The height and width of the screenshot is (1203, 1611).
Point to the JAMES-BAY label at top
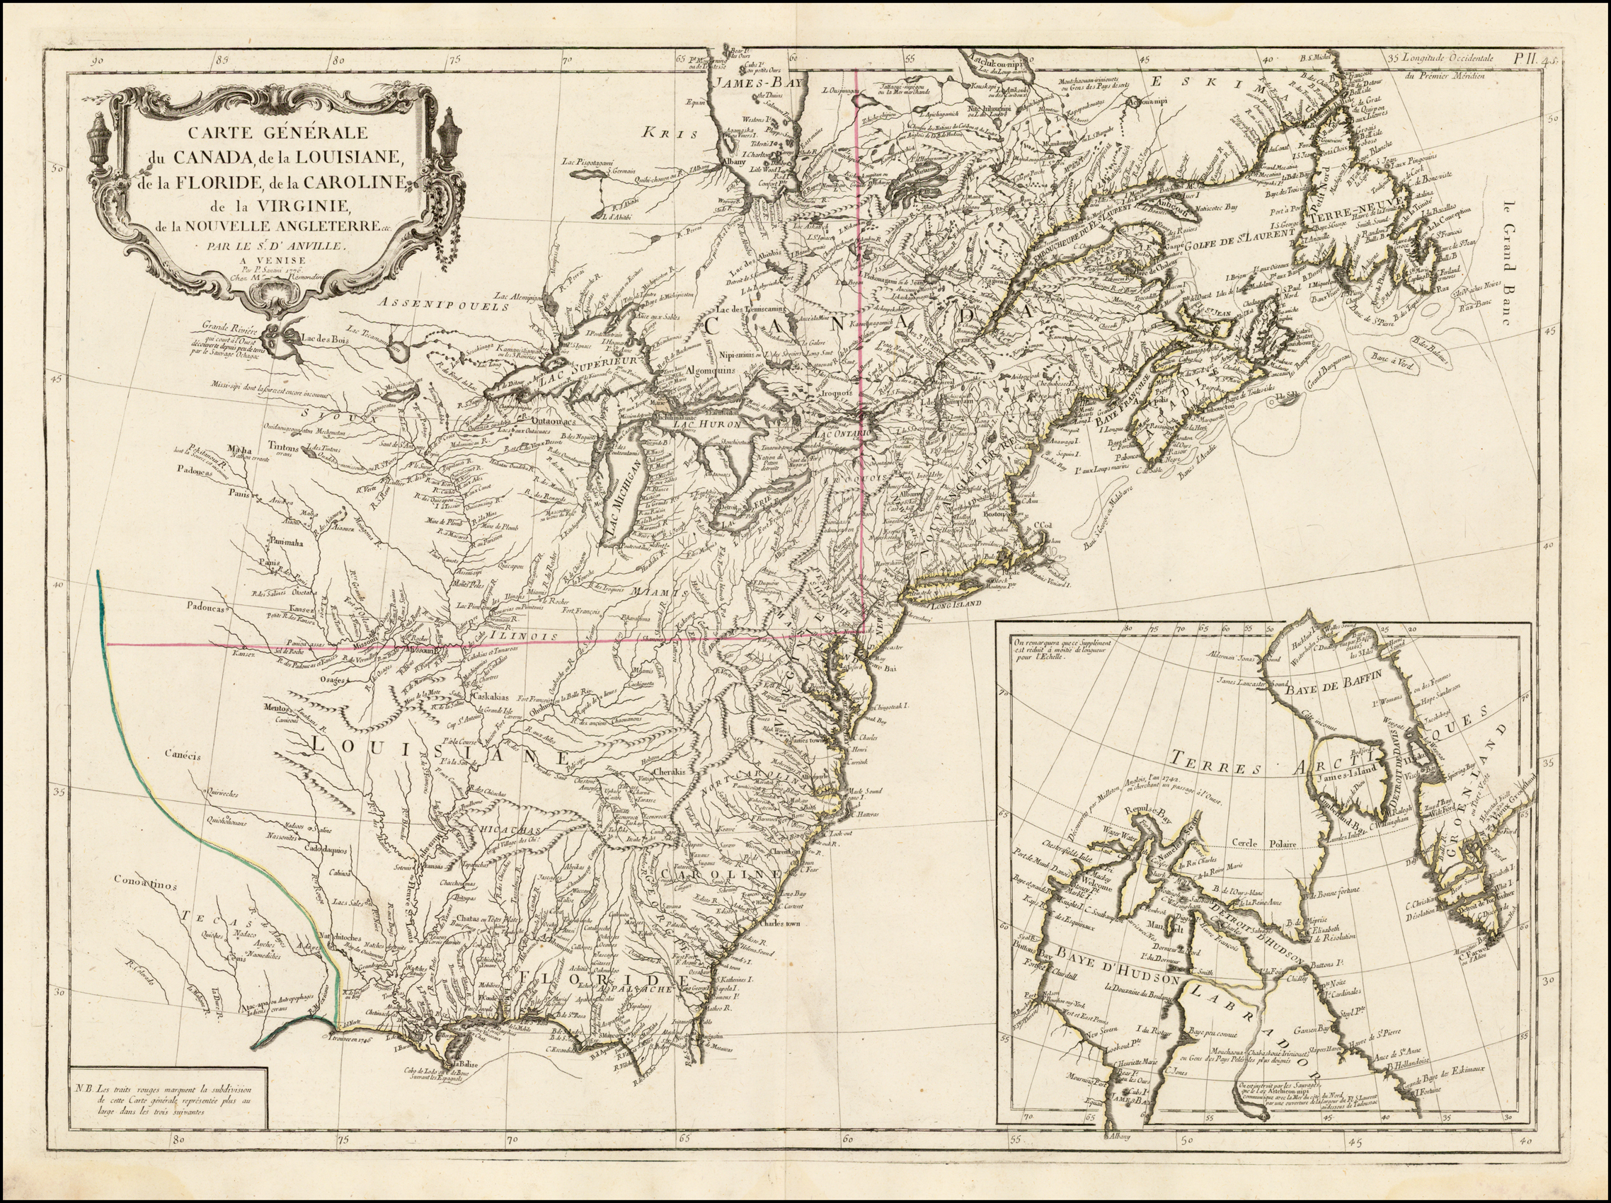tap(755, 83)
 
